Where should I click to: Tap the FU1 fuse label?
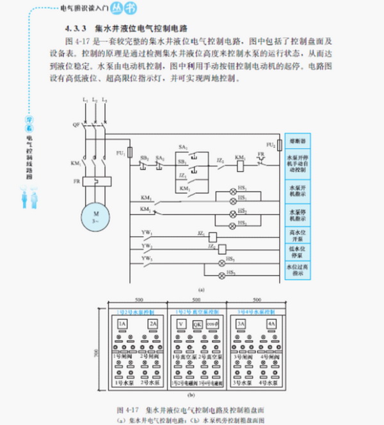[120, 153]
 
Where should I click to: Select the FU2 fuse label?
[271, 145]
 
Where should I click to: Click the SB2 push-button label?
[145, 157]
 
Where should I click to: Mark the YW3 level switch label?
[147, 258]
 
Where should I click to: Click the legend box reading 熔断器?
[299, 139]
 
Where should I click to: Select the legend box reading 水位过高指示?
[299, 269]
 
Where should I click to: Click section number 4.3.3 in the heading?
[75, 30]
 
